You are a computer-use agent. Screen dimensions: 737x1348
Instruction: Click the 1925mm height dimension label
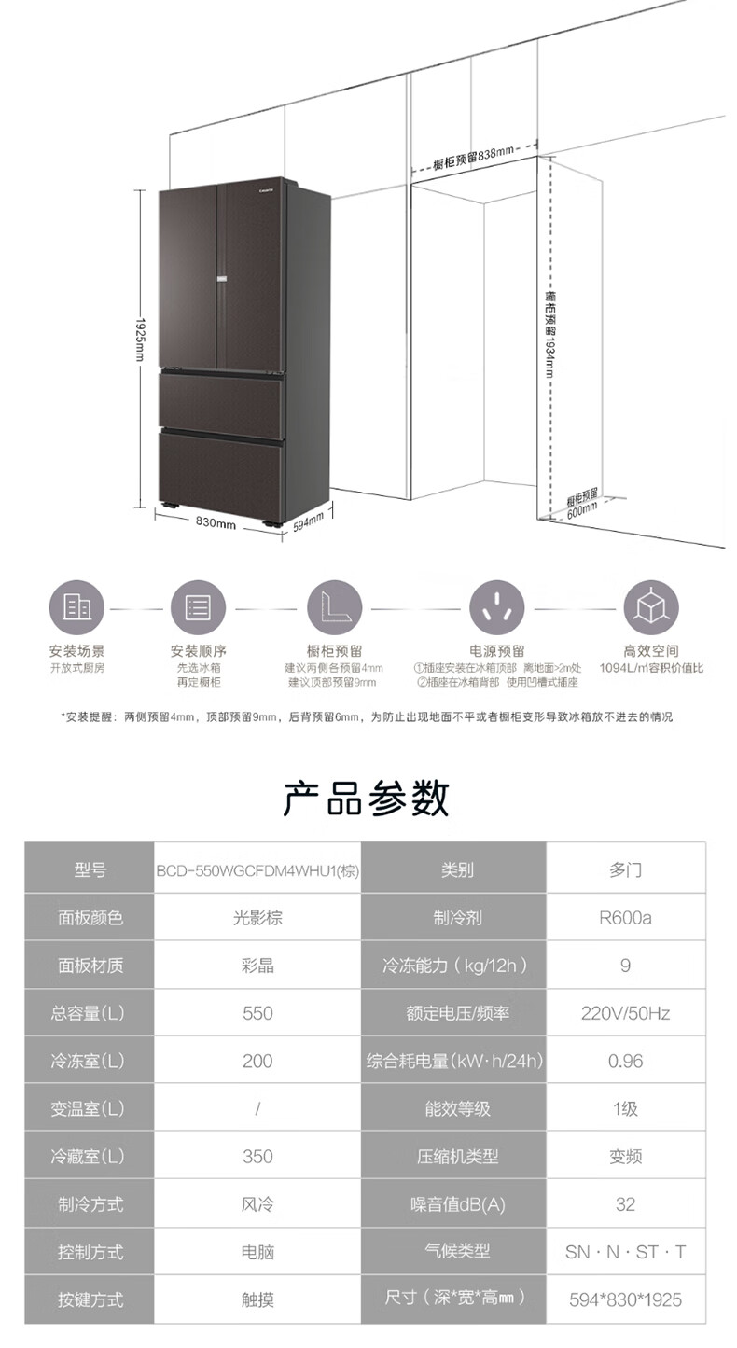point(140,340)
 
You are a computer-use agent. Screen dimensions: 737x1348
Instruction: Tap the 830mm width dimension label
point(216,523)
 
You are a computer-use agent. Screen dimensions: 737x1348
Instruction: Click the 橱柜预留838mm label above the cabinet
point(474,157)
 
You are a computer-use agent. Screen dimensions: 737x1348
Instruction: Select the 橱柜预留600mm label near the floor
point(582,505)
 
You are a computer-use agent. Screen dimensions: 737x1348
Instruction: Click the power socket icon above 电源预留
point(496,607)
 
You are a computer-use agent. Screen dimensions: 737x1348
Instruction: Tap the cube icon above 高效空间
point(650,607)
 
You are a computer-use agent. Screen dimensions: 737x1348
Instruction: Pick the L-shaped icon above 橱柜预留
point(334,607)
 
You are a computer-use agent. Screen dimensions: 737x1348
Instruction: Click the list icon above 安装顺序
point(198,607)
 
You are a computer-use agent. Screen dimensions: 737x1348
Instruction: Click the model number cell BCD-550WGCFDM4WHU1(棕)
point(257,870)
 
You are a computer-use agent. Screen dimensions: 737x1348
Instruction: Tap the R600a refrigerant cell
point(625,918)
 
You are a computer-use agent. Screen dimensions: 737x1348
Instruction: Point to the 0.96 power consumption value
point(625,1061)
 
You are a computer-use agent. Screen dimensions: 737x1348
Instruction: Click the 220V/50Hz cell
point(625,1013)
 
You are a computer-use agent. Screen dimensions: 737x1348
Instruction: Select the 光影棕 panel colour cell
point(257,918)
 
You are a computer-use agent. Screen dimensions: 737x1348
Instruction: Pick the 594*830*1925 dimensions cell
point(625,1299)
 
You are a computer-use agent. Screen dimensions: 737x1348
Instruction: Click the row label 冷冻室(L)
point(90,1061)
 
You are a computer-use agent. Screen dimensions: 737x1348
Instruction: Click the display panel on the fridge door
point(222,277)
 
